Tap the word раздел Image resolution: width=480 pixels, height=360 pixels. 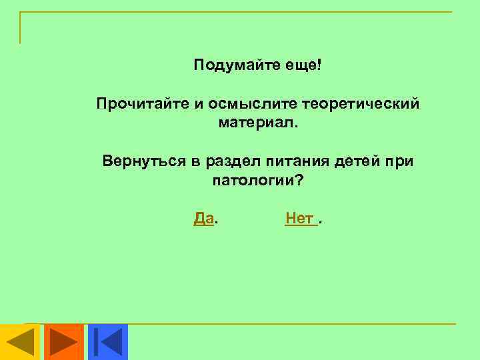231,162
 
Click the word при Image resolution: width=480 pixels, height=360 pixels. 402,162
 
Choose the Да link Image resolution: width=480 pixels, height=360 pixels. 204,218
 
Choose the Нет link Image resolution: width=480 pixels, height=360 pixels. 299,218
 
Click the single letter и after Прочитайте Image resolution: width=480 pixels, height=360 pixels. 197,105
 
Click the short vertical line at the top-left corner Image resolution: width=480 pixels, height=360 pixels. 20,27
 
